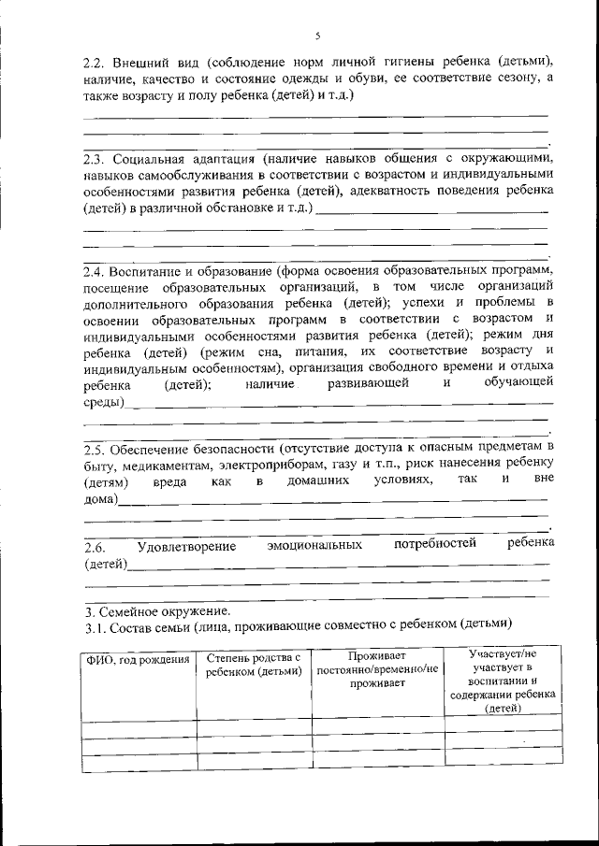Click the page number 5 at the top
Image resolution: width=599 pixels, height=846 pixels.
317,36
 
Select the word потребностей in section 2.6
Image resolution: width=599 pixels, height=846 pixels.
435,543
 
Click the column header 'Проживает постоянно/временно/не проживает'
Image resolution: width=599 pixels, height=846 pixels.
377,669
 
